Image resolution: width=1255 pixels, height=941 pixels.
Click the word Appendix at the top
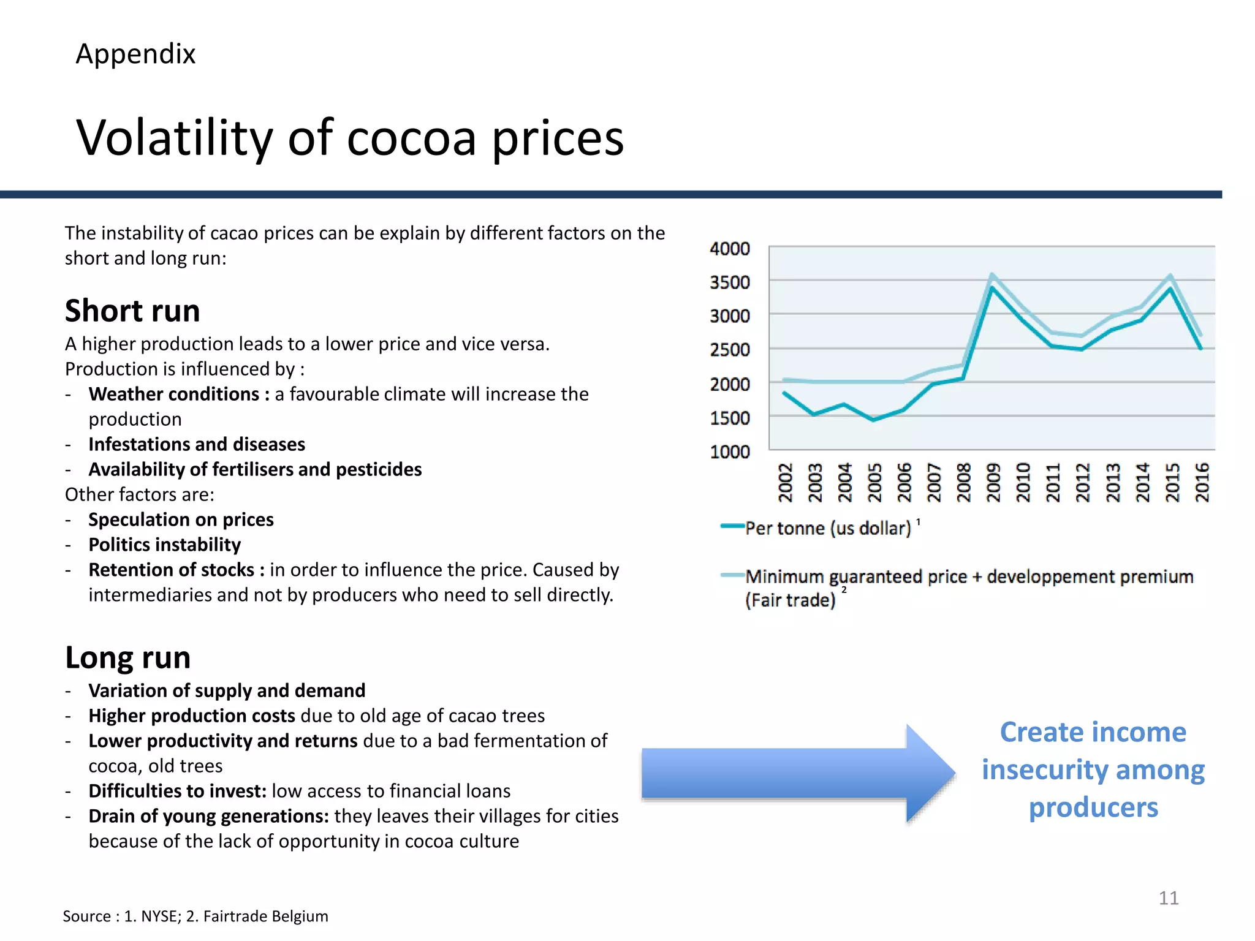pyautogui.click(x=135, y=54)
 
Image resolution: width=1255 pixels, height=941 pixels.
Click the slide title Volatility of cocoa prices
pyautogui.click(x=350, y=138)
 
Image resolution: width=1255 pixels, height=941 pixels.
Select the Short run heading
pyautogui.click(x=132, y=311)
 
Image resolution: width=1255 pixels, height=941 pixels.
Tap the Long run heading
pyautogui.click(x=128, y=657)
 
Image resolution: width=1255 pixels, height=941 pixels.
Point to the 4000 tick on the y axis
pyautogui.click(x=729, y=249)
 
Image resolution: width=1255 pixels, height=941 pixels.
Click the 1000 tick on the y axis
pyautogui.click(x=729, y=452)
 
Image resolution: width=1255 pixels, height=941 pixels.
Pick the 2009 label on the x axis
pyautogui.click(x=993, y=482)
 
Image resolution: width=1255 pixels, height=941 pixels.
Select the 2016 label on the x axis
pyautogui.click(x=1202, y=482)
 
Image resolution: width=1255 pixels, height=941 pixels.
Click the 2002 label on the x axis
pyautogui.click(x=785, y=482)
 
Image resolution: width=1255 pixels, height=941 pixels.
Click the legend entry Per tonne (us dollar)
pyautogui.click(x=827, y=528)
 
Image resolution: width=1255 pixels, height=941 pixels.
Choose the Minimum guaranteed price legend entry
pyautogui.click(x=968, y=577)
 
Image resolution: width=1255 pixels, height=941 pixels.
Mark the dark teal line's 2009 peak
pyautogui.click(x=992, y=287)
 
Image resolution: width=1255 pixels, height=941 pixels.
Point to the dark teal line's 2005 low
pyautogui.click(x=874, y=420)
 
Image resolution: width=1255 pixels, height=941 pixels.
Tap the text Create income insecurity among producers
pyautogui.click(x=1093, y=769)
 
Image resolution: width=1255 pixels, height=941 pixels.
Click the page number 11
pyautogui.click(x=1168, y=898)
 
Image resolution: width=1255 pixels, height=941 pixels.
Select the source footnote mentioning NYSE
pyautogui.click(x=195, y=916)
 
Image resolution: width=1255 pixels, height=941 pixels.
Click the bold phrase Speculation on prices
pyautogui.click(x=181, y=520)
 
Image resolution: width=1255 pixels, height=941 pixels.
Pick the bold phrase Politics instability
pyautogui.click(x=164, y=545)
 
